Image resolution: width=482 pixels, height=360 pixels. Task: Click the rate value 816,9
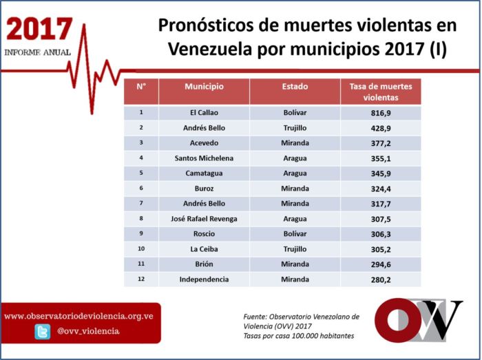click(x=381, y=113)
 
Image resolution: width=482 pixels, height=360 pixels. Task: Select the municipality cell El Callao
click(x=204, y=113)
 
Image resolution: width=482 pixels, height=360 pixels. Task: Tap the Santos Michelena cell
click(x=204, y=158)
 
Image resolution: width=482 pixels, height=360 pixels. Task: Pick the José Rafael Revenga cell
click(x=204, y=219)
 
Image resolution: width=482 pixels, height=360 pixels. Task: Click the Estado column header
click(x=295, y=86)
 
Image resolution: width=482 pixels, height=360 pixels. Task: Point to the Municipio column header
click(x=204, y=86)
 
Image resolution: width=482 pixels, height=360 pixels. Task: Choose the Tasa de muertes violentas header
click(x=381, y=92)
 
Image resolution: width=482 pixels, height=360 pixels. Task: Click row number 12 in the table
click(x=141, y=279)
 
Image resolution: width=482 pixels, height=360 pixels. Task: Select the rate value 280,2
click(x=381, y=279)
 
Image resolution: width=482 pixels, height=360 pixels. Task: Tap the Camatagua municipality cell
click(x=204, y=173)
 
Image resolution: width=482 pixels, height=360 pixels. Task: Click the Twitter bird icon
click(x=43, y=332)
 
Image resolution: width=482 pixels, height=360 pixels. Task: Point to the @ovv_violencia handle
click(x=88, y=331)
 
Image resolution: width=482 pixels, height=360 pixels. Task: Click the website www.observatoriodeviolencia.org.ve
click(x=78, y=316)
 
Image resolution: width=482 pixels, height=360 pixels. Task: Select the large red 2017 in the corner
click(x=39, y=29)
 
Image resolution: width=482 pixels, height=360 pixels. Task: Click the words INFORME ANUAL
click(x=37, y=52)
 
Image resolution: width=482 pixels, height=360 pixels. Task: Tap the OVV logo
click(x=418, y=320)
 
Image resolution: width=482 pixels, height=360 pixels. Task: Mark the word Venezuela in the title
click(x=210, y=49)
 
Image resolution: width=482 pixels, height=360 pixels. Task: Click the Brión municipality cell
click(x=204, y=264)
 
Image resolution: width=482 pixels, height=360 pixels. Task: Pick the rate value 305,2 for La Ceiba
click(x=381, y=249)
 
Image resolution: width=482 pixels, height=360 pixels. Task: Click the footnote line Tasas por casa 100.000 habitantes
click(x=298, y=336)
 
